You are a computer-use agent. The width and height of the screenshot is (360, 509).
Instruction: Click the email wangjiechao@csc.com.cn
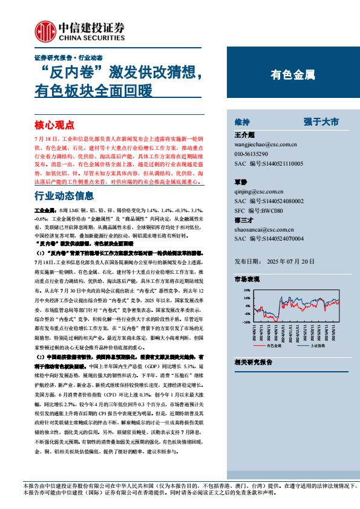(x=264, y=145)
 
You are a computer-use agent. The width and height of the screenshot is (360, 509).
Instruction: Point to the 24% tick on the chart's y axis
(x=247, y=290)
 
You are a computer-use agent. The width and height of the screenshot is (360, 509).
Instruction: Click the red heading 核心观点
(x=54, y=125)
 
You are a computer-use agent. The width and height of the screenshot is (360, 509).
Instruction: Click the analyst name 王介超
(x=244, y=135)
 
